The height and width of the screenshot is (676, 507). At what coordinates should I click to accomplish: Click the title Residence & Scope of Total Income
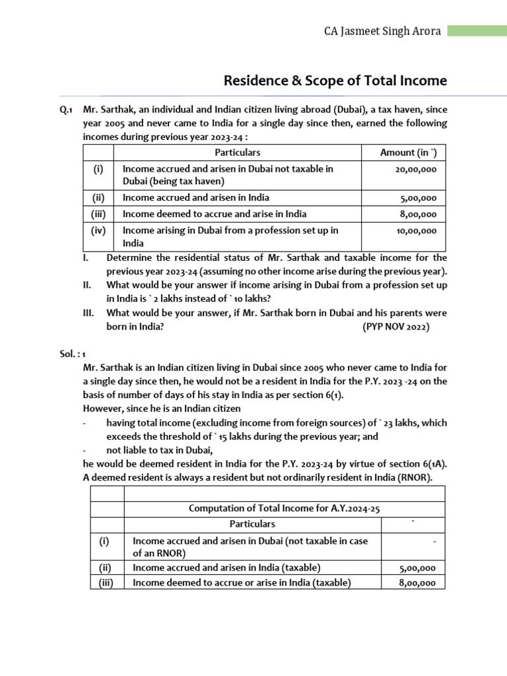coord(335,81)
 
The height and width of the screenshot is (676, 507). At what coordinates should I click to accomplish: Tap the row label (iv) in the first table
coord(98,230)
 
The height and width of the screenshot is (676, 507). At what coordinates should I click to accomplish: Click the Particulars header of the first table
coord(238,152)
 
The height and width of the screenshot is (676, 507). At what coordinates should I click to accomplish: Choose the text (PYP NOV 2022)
coord(395,326)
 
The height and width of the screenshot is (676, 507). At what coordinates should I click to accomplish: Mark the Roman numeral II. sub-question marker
coord(87,285)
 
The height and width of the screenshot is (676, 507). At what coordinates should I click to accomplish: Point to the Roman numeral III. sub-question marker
coord(88,313)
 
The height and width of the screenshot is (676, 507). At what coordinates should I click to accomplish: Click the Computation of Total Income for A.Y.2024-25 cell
coord(285,508)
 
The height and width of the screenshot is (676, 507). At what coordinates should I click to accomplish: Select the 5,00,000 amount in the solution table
coord(418,568)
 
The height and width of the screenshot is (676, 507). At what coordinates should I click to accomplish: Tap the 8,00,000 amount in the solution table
coord(418,582)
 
